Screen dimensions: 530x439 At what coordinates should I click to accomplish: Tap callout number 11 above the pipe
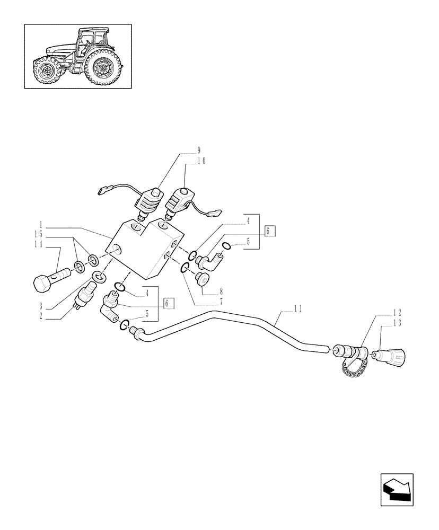coord(297,307)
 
